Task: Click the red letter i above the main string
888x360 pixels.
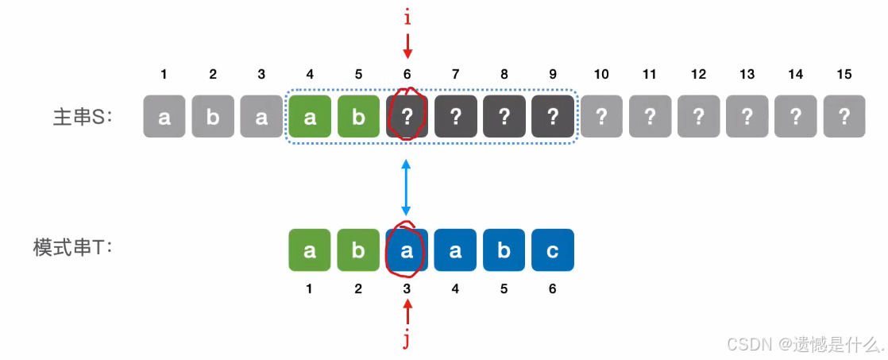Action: tap(407, 16)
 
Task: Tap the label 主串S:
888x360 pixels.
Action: tap(83, 117)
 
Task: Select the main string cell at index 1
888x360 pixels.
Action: tap(164, 117)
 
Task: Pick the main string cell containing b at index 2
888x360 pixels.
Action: tap(213, 117)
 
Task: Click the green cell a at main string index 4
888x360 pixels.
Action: tap(310, 117)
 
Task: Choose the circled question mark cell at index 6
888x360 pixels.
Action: tap(407, 117)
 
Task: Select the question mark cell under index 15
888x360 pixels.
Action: tap(844, 117)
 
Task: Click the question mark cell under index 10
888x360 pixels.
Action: tap(601, 117)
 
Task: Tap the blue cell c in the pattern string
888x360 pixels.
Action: tap(553, 250)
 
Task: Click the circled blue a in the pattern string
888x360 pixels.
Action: tap(407, 250)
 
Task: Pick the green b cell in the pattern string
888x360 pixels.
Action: tap(358, 250)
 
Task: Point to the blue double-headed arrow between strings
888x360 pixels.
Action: tap(407, 188)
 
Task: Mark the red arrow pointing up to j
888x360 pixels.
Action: tap(407, 311)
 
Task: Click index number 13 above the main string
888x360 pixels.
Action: tap(747, 75)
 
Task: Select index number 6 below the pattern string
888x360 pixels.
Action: tap(553, 289)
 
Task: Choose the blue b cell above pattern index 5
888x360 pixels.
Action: tap(504, 250)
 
